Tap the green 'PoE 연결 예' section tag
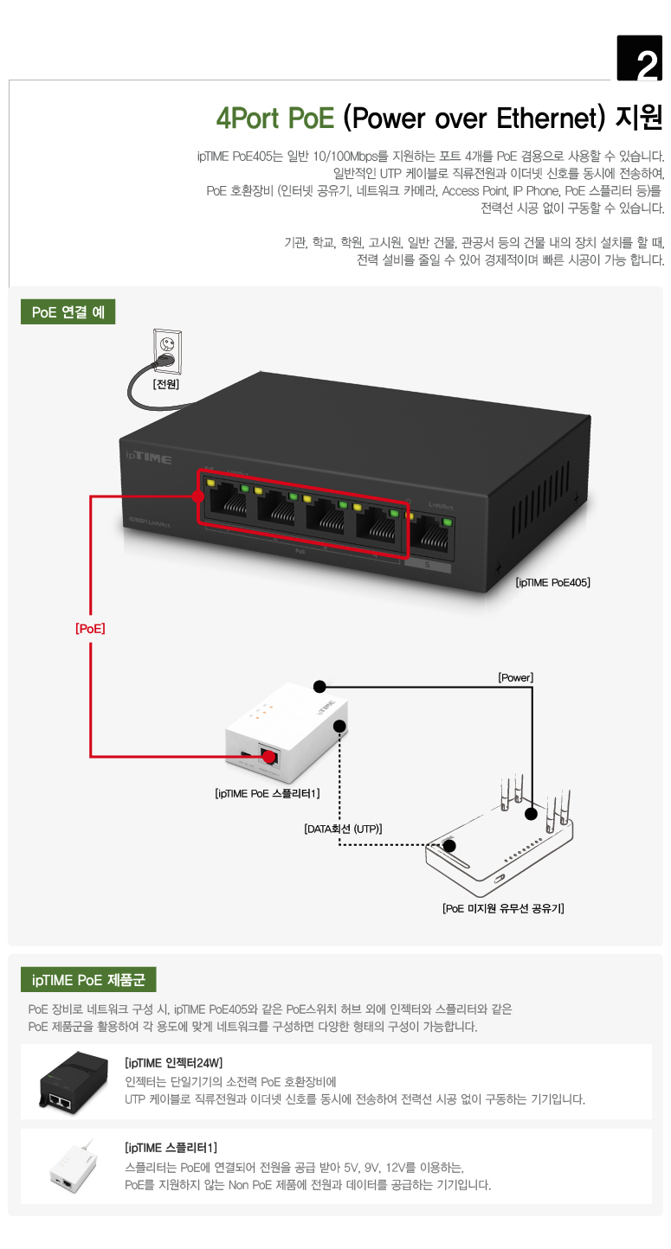68,312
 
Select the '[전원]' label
165,384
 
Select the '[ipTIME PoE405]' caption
552,583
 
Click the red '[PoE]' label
90,629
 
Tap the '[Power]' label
515,677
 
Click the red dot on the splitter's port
269,758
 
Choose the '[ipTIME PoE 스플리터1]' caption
268,793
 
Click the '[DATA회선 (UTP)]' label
343,829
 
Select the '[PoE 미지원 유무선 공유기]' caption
503,908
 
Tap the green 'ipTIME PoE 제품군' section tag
88,980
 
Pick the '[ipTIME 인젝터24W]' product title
174,1062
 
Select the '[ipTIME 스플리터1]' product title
171,1148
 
